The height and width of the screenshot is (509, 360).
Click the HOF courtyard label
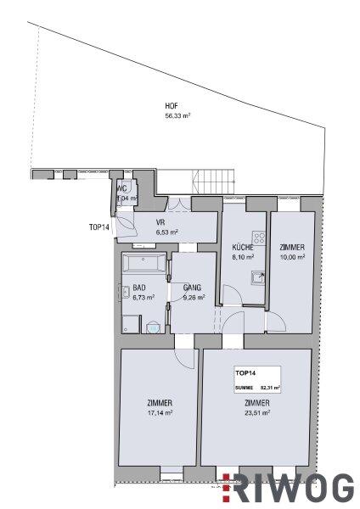click(x=172, y=106)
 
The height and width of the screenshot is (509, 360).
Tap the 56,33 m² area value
click(x=177, y=116)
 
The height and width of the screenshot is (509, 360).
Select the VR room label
click(x=160, y=223)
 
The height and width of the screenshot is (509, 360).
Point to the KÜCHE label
click(x=243, y=248)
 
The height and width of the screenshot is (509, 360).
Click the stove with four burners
click(x=259, y=238)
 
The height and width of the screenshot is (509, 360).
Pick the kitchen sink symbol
click(x=257, y=278)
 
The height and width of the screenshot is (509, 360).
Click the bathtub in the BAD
click(x=144, y=264)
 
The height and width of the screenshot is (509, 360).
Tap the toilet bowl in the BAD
click(x=153, y=327)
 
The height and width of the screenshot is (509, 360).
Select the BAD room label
click(x=139, y=288)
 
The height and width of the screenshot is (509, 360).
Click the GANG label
click(x=193, y=288)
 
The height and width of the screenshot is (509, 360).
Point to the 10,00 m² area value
click(x=292, y=257)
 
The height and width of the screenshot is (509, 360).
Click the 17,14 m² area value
click(x=160, y=413)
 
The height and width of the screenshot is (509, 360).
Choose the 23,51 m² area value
click(x=257, y=413)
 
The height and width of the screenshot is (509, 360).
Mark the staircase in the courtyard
click(x=213, y=182)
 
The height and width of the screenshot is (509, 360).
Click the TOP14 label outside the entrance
click(x=98, y=227)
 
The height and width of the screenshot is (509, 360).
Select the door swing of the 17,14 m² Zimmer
click(x=186, y=359)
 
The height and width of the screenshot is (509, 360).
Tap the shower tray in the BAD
click(x=132, y=324)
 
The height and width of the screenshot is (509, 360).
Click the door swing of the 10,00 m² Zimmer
click(x=276, y=322)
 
